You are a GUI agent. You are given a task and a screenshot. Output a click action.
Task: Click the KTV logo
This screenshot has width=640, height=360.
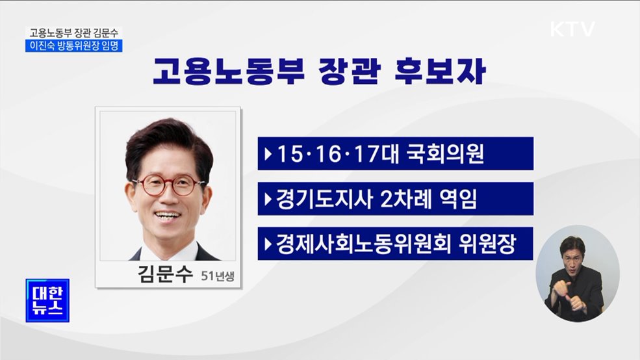coord(572,29)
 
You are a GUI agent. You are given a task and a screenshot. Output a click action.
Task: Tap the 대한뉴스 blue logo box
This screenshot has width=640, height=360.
coord(47,300)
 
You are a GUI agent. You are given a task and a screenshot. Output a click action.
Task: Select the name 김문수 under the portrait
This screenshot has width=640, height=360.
coord(166,274)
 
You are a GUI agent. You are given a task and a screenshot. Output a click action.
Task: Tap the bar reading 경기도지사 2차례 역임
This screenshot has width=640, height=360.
coord(395,199)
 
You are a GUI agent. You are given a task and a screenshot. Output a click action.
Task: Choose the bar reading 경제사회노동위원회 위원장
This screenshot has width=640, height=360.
coord(395,244)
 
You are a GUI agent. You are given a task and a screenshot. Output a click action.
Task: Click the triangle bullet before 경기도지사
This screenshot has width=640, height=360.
coord(268,199)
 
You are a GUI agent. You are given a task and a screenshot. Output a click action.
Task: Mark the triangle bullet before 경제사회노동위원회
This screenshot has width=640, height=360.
coord(268,244)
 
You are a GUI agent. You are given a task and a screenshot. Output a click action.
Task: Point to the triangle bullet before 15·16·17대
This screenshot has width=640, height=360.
coord(268,154)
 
